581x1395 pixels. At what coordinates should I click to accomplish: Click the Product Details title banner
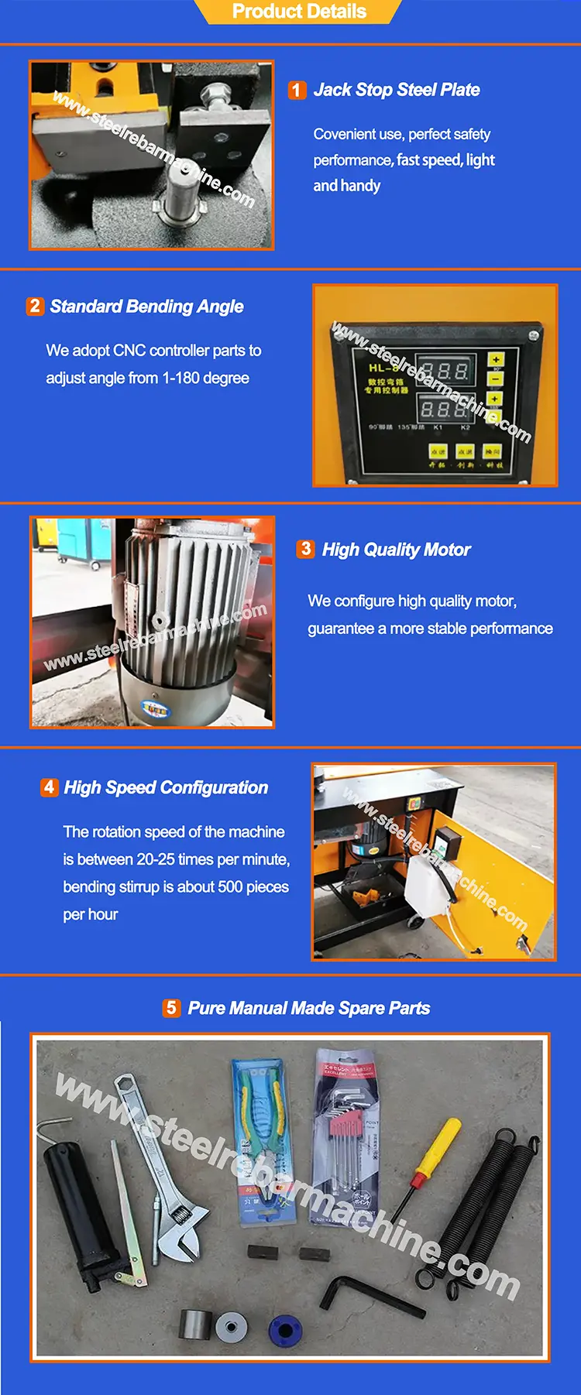[299, 12]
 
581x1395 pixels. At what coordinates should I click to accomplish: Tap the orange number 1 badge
[297, 90]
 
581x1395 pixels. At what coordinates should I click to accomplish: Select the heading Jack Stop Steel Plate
[396, 90]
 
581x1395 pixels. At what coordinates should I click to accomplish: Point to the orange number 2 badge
[35, 306]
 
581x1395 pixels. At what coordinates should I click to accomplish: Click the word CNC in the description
[129, 351]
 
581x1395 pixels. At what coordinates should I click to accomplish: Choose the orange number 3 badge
[305, 550]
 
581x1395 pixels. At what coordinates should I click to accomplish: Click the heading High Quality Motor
[396, 550]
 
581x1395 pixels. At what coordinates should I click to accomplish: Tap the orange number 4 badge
[49, 787]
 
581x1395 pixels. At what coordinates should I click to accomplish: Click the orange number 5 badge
[171, 1008]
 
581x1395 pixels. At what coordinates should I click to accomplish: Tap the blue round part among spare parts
[284, 1330]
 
